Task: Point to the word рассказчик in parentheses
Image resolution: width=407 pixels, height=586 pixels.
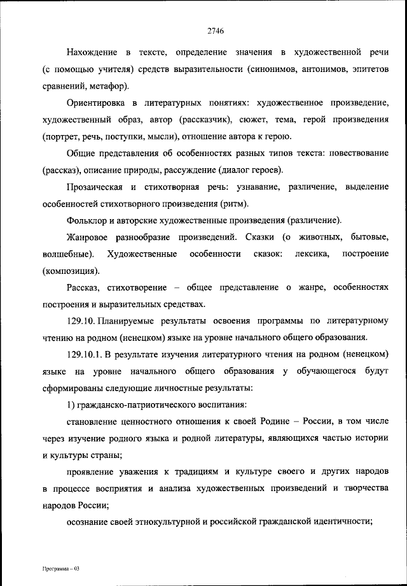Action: (204, 119)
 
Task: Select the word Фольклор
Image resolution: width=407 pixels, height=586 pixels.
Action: (85, 221)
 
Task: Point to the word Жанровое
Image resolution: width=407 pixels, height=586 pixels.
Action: (86, 238)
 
